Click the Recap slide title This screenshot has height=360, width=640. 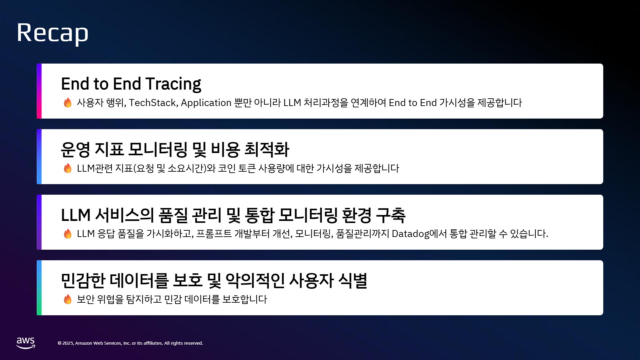pos(53,33)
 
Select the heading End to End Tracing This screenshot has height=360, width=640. pos(131,84)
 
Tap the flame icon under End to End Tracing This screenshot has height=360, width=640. pos(68,103)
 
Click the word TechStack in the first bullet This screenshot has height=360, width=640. pos(153,103)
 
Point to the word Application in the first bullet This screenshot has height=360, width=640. pos(206,103)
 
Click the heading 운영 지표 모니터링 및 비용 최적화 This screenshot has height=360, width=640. pos(175,149)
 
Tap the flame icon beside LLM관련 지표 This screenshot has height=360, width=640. pos(68,168)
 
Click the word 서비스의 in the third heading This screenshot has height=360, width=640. pos(124,215)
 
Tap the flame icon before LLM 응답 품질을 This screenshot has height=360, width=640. pos(68,234)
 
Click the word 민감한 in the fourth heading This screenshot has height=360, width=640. pos(83,281)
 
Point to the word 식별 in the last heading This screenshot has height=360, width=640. pos(353,281)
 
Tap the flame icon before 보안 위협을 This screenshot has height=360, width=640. pos(68,299)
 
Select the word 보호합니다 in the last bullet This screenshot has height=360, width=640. pos(245,299)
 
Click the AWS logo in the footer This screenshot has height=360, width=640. pos(26,343)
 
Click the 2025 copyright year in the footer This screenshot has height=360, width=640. pos(68,343)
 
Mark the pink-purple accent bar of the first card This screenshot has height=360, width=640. pos(39,91)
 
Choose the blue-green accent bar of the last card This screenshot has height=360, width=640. pos(39,288)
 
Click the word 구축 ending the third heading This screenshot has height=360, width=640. pos(391,215)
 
